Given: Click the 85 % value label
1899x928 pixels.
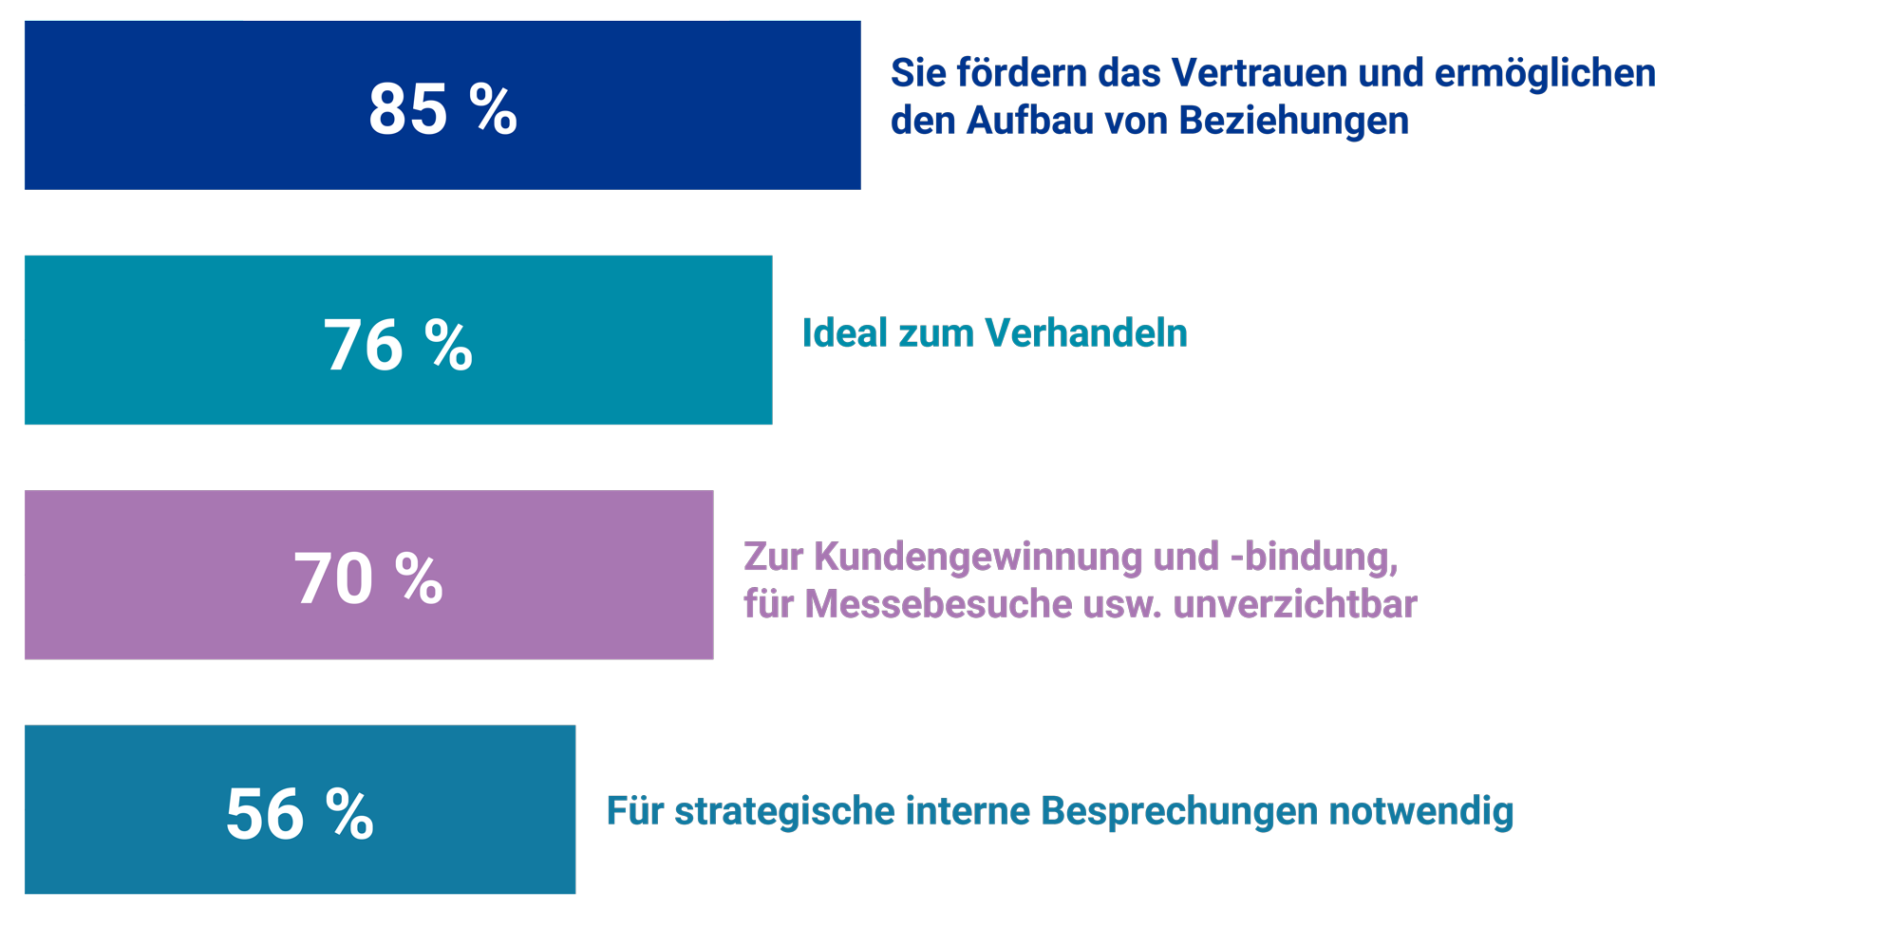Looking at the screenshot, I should tap(442, 109).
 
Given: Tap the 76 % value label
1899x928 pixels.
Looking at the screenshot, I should tap(398, 345).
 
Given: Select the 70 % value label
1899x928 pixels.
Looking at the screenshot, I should tap(367, 579).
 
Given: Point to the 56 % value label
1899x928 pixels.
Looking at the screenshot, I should tap(299, 814).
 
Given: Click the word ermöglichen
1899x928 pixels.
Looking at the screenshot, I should tap(1545, 73).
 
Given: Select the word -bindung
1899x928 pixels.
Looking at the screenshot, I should tap(1314, 557).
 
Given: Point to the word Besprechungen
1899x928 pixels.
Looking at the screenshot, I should tap(1179, 811).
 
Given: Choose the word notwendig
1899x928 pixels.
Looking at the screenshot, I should tap(1420, 811).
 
